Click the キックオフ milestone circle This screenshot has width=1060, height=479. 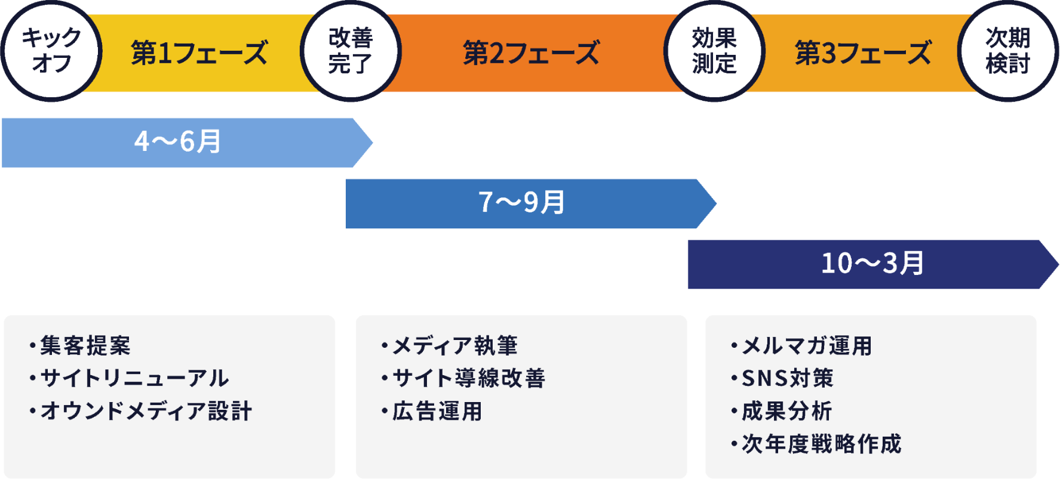(x=51, y=51)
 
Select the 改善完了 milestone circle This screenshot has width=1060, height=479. (x=351, y=51)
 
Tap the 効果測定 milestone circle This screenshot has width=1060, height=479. (x=714, y=51)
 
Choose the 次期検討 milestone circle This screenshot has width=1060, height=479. (x=1008, y=51)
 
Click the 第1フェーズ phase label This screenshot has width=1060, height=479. (x=199, y=52)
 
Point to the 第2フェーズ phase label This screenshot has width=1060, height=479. (x=531, y=52)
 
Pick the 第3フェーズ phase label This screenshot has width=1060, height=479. (x=863, y=52)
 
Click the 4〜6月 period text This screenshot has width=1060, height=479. (x=177, y=142)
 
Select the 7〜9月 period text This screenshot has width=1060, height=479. (x=521, y=203)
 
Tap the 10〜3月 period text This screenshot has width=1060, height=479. (x=872, y=264)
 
